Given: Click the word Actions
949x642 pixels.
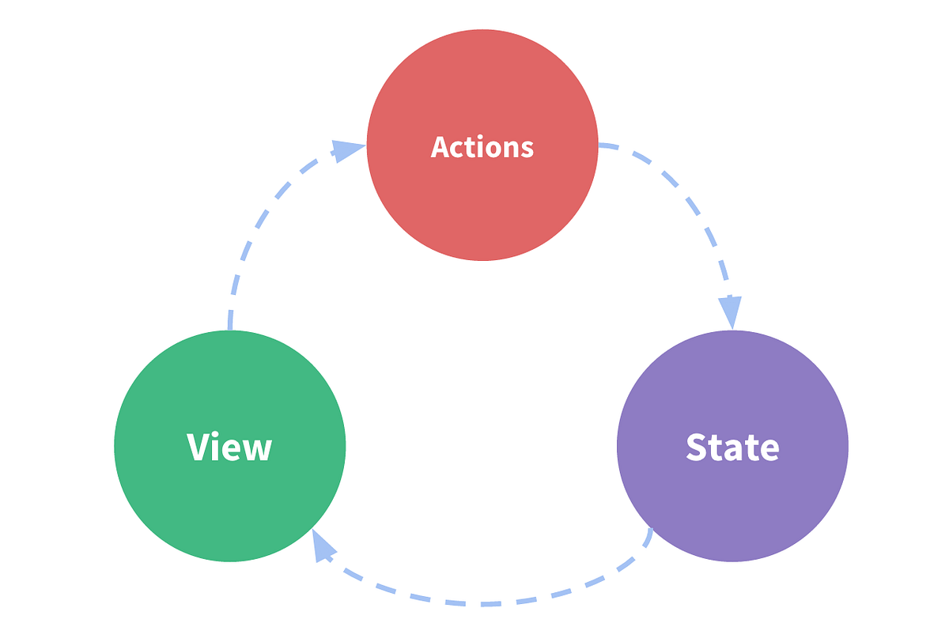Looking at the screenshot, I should tap(482, 147).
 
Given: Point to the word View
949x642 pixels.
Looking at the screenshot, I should tap(229, 447).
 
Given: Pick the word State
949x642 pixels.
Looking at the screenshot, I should tap(732, 447).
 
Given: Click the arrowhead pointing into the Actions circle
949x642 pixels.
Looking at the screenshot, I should tap(347, 149).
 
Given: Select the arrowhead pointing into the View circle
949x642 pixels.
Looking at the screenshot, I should tap(322, 546).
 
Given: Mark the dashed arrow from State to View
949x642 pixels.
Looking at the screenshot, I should tap(482, 603).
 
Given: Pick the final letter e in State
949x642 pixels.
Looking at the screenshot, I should tap(769, 450).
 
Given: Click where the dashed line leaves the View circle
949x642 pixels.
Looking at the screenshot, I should tap(229, 326).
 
